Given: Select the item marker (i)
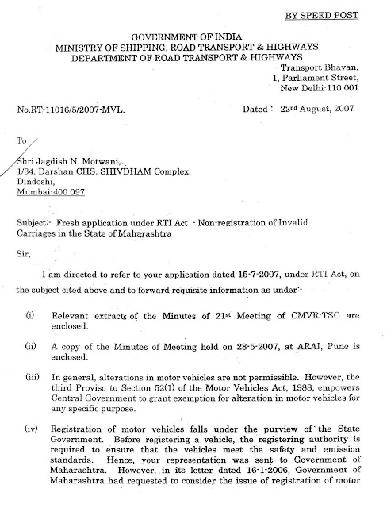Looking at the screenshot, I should point(30,315).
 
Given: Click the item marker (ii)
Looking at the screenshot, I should point(31,346).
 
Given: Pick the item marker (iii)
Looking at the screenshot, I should point(33,377).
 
